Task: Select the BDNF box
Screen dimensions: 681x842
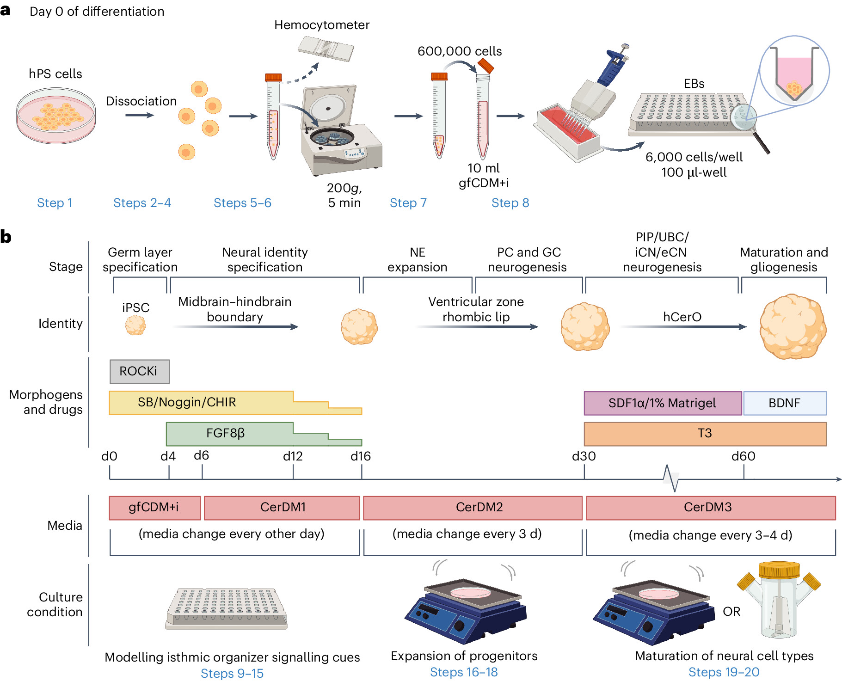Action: (784, 403)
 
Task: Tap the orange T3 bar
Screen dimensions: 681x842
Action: (705, 434)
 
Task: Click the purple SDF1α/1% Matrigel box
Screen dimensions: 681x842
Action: (663, 403)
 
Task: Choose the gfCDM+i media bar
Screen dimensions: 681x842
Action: (154, 508)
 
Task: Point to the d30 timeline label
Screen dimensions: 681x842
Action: (584, 456)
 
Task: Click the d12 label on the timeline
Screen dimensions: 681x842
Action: (293, 456)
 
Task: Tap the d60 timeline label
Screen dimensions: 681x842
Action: (743, 456)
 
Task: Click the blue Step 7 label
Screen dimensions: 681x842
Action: (408, 203)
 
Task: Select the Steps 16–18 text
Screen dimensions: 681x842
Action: (464, 672)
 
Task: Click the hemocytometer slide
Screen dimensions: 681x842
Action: (326, 49)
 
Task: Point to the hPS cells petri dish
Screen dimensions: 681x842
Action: (56, 116)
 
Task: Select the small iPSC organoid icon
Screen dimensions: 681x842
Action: (135, 325)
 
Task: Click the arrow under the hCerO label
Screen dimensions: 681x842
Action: (683, 327)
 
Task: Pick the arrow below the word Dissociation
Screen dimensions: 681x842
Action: (139, 115)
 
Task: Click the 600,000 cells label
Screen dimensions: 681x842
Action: (459, 51)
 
